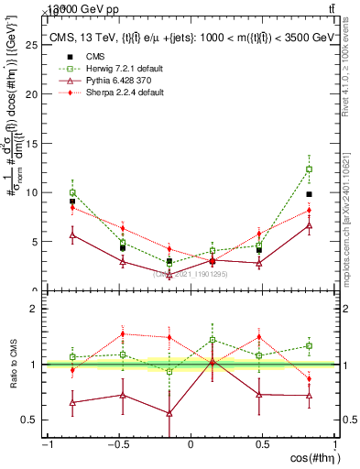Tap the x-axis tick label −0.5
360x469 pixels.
pos(119,444)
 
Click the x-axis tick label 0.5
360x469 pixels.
pos(262,444)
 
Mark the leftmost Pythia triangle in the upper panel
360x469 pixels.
pos(72,234)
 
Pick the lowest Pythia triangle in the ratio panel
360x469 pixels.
pos(169,413)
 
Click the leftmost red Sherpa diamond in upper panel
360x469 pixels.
pos(72,208)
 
